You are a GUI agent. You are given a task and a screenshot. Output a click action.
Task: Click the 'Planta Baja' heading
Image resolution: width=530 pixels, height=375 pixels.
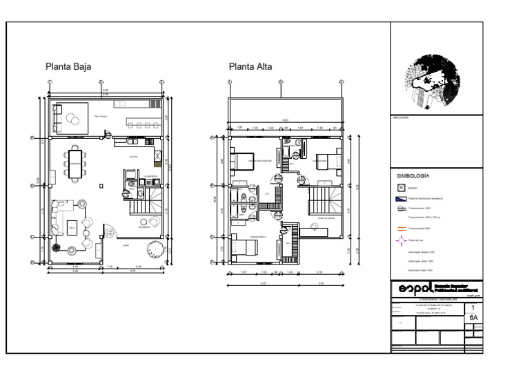click(x=68, y=67)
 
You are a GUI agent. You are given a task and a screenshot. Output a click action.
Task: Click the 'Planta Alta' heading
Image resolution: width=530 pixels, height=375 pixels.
click(x=251, y=67)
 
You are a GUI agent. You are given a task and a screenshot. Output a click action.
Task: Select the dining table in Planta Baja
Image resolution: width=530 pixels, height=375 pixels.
click(x=75, y=163)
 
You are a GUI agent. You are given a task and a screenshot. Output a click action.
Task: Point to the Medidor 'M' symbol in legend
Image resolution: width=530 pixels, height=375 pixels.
click(x=401, y=186)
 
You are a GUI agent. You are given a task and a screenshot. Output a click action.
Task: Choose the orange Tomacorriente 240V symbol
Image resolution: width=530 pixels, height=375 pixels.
click(x=402, y=227)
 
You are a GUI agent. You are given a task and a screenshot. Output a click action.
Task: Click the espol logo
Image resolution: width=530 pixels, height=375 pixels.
click(x=416, y=287)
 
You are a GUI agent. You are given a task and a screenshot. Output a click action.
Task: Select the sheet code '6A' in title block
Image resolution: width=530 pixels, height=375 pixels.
click(x=473, y=318)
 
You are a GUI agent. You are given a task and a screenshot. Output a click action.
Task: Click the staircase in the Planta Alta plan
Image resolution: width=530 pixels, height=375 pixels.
click(x=320, y=201)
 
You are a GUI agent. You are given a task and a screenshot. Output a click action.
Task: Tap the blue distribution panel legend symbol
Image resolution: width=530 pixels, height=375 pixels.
click(x=401, y=197)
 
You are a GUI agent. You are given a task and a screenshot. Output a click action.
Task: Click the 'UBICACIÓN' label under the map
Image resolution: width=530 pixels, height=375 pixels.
click(x=401, y=118)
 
